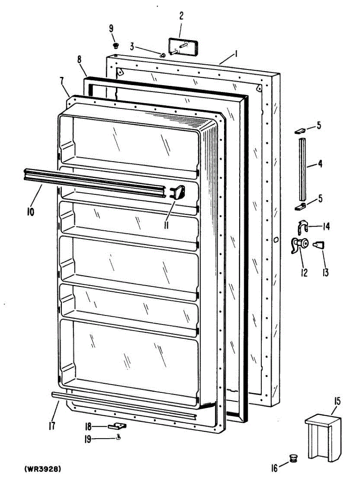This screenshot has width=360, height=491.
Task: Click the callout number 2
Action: [x=181, y=16]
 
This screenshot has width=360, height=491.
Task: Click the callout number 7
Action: [x=62, y=81]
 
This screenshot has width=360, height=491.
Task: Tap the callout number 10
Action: [x=31, y=212]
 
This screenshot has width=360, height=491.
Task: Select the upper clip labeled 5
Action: [x=299, y=131]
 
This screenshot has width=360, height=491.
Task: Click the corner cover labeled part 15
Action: [x=323, y=437]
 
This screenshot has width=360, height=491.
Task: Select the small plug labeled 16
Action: [x=293, y=458]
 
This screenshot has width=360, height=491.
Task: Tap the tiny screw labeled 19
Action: [x=118, y=437]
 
